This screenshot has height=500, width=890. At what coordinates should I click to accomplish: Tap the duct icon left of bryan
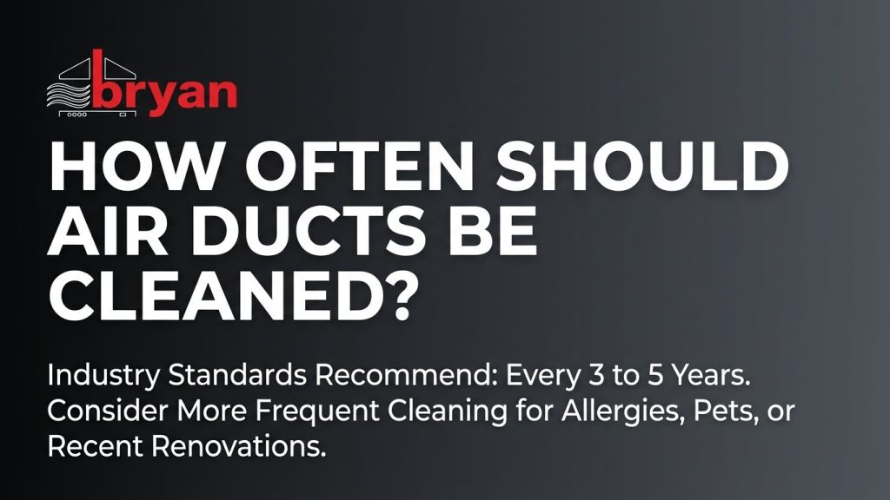[x=75, y=87]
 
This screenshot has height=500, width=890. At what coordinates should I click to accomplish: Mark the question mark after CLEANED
[x=395, y=296]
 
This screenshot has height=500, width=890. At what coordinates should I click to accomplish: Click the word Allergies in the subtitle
[x=589, y=413]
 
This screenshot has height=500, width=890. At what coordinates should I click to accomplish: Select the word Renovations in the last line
[x=242, y=447]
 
